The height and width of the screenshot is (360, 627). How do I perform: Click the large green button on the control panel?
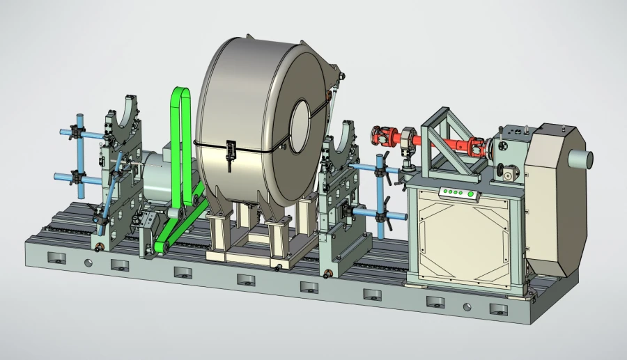click(471, 194)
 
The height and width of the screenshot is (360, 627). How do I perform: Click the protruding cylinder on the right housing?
click(582, 158)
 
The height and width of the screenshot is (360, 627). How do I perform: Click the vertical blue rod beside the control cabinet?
click(380, 188)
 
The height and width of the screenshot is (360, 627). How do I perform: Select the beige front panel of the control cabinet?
click(463, 240)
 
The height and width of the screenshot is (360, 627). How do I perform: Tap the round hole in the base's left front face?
click(88, 263)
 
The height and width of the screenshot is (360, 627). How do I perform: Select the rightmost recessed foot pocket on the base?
click(497, 308)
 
